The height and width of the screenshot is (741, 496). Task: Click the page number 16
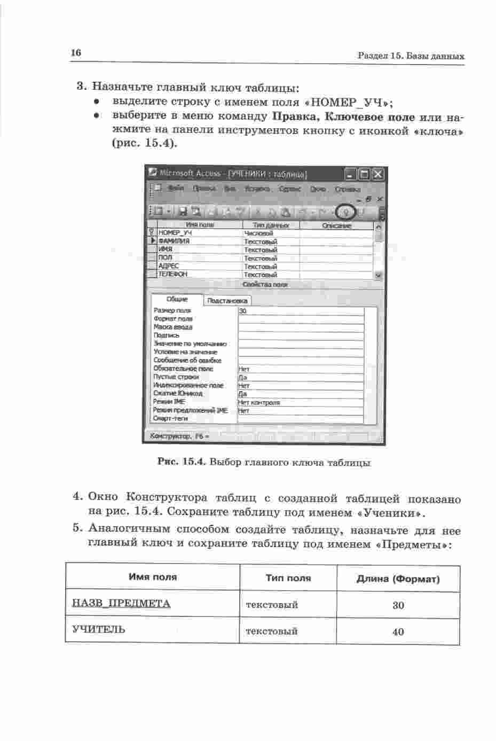(x=75, y=52)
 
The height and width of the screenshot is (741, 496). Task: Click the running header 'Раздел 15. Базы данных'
(x=411, y=56)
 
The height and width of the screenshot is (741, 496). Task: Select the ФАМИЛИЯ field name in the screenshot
(x=174, y=241)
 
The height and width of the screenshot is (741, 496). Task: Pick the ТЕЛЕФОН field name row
(x=173, y=274)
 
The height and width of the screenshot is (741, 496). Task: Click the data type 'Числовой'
(x=258, y=233)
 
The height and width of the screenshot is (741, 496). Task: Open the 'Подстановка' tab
(x=227, y=300)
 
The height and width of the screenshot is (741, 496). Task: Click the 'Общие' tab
(x=177, y=299)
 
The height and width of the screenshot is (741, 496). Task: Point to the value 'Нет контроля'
(x=259, y=402)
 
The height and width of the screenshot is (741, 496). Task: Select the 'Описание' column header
(x=337, y=225)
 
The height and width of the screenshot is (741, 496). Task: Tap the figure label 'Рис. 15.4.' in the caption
(x=182, y=462)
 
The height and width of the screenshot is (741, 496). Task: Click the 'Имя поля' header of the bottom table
(x=153, y=577)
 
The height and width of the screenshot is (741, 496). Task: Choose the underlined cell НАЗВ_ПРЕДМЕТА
(x=121, y=604)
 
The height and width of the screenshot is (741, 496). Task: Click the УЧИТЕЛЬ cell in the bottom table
(x=99, y=629)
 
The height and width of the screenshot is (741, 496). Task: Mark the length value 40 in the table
(x=398, y=631)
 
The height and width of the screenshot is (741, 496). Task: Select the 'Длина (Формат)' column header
(x=398, y=579)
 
